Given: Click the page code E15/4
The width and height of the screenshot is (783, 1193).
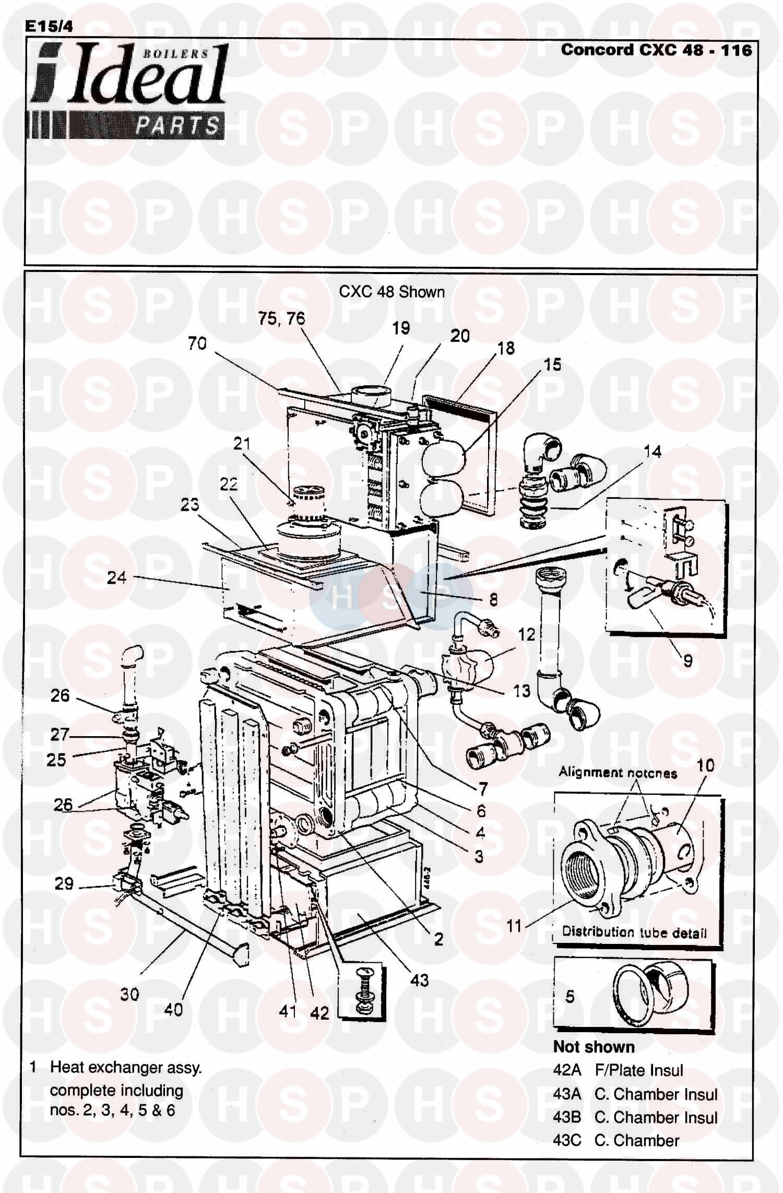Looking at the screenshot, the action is (x=49, y=27).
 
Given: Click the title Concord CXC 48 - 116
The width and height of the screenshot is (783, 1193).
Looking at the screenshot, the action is (x=656, y=50).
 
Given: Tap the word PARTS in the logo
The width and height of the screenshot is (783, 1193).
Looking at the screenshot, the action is (x=177, y=126).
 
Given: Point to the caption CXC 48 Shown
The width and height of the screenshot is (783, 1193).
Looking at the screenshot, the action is (x=391, y=291).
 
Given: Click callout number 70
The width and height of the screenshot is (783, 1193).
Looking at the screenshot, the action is (x=197, y=344).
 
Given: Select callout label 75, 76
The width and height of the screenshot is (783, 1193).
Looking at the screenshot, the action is (x=281, y=318).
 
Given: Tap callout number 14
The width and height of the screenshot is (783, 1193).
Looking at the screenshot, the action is (x=652, y=452).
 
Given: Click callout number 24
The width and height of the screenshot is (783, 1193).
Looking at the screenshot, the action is (x=116, y=577).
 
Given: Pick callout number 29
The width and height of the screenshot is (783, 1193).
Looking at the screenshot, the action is (x=64, y=884).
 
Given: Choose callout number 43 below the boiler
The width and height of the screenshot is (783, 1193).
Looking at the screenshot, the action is (x=419, y=980).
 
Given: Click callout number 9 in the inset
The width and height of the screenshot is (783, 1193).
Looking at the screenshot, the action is (x=688, y=661).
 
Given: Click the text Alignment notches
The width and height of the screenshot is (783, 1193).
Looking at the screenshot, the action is (x=618, y=772).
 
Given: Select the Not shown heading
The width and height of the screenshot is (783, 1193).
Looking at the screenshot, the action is (x=594, y=1047).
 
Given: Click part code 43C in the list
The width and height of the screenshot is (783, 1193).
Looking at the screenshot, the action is (x=567, y=1140).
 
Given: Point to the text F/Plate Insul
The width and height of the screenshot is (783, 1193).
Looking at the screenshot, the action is (x=639, y=1070).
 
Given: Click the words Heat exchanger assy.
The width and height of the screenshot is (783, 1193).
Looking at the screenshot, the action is (x=126, y=1068).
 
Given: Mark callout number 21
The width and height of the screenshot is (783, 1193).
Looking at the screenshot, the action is (x=242, y=444).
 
